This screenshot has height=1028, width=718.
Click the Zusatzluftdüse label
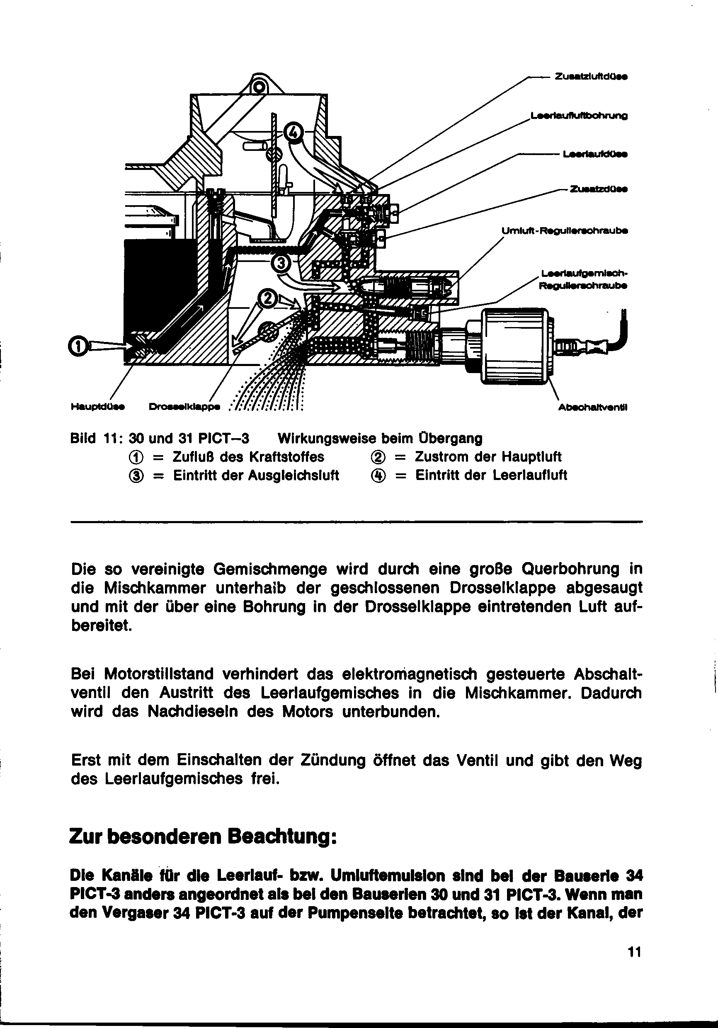pyautogui.click(x=590, y=77)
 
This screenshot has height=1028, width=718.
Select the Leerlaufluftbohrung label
pyautogui.click(x=579, y=116)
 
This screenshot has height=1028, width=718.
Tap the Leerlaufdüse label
pyautogui.click(x=595, y=155)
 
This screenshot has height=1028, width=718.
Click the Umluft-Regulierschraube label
pyautogui.click(x=564, y=231)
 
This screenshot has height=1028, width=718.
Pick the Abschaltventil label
pyautogui.click(x=592, y=407)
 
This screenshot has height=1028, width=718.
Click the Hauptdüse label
pyautogui.click(x=98, y=407)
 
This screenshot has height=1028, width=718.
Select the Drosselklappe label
pyautogui.click(x=184, y=407)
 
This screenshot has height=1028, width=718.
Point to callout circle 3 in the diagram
pyautogui.click(x=281, y=263)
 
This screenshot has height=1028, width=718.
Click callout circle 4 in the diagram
pyautogui.click(x=293, y=132)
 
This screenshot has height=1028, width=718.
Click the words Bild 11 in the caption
pyautogui.click(x=94, y=438)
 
